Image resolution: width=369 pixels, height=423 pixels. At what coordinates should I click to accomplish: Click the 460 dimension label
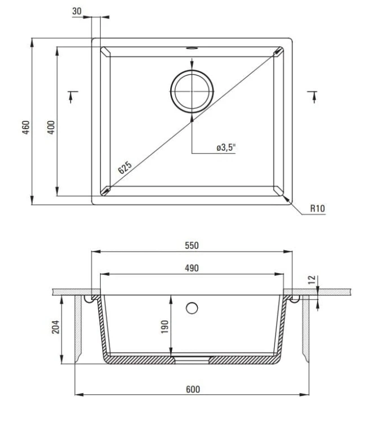coord(25,127)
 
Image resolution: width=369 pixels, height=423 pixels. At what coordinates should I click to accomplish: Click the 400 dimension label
coord(51,127)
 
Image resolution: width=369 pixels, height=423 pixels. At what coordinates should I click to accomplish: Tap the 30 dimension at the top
coord(77,11)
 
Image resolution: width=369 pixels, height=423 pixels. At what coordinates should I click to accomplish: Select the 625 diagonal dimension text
coord(125,168)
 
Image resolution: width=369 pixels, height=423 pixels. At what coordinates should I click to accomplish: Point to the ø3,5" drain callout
coord(226,147)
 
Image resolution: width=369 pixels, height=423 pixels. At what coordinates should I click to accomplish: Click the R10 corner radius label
coord(318,208)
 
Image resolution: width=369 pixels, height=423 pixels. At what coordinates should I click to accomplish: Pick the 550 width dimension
coord(192,245)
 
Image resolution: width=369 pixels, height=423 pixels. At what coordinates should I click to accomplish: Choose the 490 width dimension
coord(192,268)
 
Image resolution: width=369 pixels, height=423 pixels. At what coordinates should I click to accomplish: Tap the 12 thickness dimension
coord(312,280)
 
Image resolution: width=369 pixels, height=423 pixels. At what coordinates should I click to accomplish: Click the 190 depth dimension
coord(164,327)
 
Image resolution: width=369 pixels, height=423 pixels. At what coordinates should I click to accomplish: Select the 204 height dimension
coord(55,327)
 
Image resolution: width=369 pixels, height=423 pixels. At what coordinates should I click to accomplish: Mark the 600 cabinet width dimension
coord(193,389)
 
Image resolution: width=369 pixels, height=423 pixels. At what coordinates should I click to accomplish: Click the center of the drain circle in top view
coord(192,91)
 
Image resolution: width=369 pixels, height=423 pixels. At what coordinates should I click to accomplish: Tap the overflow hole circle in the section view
coord(192,308)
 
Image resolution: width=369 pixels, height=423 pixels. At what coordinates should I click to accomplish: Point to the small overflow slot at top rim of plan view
coord(192,49)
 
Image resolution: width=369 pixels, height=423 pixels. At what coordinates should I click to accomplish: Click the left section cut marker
coord(72,97)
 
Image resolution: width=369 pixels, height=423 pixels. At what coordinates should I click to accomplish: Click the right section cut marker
coord(313,97)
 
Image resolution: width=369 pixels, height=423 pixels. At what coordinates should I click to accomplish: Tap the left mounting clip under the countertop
coord(88,299)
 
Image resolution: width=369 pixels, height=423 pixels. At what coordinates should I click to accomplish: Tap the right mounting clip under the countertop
coord(295,299)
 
